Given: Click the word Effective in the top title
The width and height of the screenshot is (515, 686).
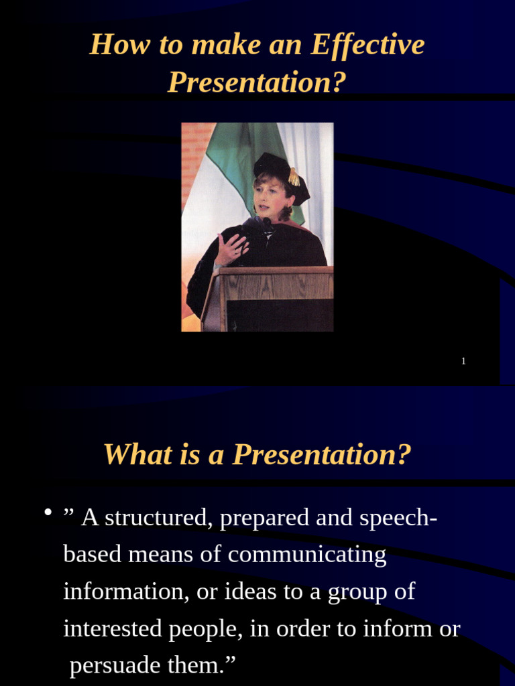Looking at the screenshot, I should pos(367,45).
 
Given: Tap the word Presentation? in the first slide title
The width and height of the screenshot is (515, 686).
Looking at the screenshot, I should pos(257,82).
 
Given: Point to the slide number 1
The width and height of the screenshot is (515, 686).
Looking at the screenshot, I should pos(463,362).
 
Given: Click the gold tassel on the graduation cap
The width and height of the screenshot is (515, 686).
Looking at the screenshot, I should pos(294,177).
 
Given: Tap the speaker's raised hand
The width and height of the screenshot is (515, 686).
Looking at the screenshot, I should pos(231,248).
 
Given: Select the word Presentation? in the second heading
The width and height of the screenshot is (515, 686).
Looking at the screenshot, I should pos(321,455).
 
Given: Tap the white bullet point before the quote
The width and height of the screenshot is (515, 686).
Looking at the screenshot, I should pos(48,513).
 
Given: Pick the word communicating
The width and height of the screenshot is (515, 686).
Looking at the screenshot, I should pos(307,555).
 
